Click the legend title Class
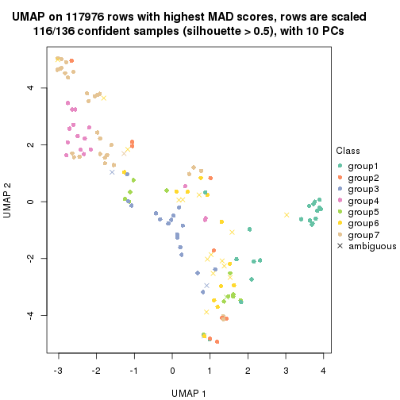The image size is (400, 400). pos(349,151)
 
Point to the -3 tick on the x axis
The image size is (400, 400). pos(58,370)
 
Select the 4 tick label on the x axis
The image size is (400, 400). pos(324,370)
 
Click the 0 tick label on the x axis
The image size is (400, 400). pos(172,370)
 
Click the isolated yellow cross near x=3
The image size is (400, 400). pos(287,214)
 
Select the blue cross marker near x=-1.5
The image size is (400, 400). pos(112,172)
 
